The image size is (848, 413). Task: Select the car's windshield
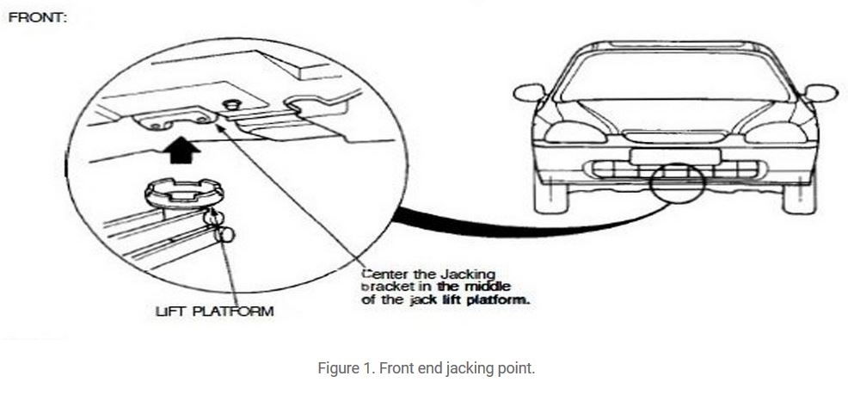pos(674,77)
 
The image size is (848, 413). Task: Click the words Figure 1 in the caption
pos(341,368)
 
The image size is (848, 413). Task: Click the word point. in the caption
pos(513,368)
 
